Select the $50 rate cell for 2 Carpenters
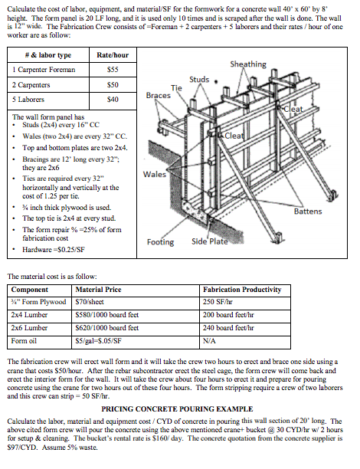tap(112, 84)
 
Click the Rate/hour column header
tap(112, 55)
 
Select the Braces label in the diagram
tap(158, 96)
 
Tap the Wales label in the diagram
tap(154, 174)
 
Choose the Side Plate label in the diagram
tap(209, 242)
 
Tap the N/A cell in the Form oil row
tap(210, 339)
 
